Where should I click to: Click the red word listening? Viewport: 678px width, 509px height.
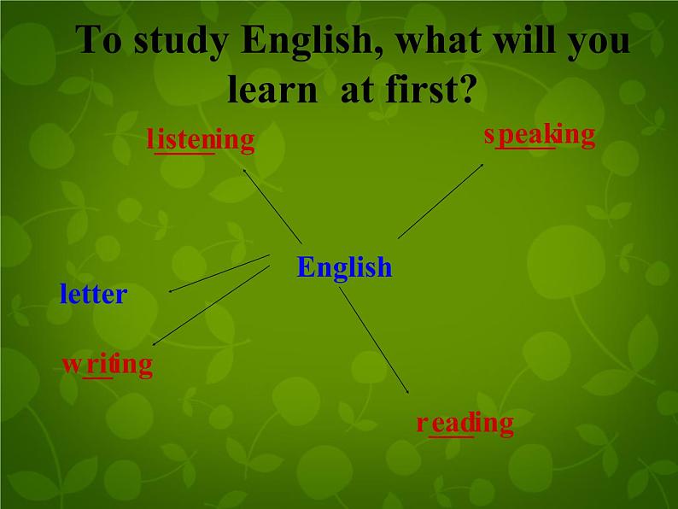pyautogui.click(x=201, y=139)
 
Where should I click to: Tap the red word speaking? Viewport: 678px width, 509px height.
pyautogui.click(x=539, y=134)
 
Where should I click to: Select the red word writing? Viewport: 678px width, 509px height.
pyautogui.click(x=108, y=365)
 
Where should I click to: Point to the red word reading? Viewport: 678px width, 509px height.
pyautogui.click(x=465, y=423)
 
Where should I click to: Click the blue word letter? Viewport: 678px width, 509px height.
pyautogui.click(x=93, y=295)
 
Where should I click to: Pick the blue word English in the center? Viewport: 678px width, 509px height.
pyautogui.click(x=344, y=267)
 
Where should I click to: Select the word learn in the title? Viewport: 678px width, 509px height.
pyautogui.click(x=272, y=89)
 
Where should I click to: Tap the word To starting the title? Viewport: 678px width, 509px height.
pyautogui.click(x=99, y=43)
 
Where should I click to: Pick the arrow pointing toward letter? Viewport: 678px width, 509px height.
pyautogui.click(x=219, y=273)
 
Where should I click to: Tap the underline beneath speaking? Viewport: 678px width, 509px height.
pyautogui.click(x=526, y=148)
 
